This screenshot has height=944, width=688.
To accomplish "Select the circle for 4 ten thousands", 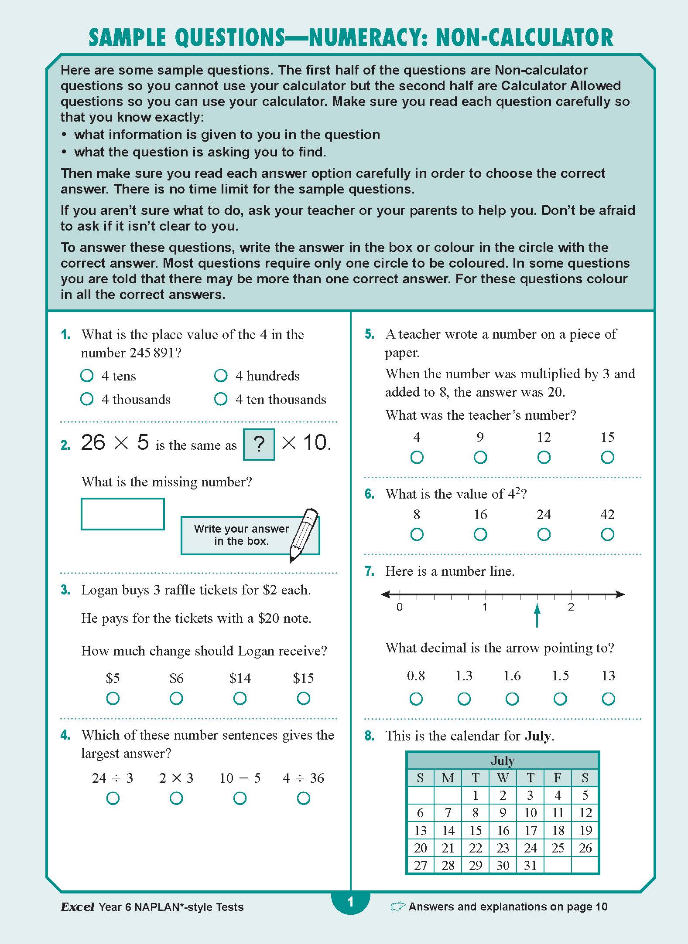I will pyautogui.click(x=221, y=399).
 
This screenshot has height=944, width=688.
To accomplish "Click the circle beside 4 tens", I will pyautogui.click(x=87, y=375).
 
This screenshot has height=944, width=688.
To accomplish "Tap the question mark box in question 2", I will pyautogui.click(x=259, y=444).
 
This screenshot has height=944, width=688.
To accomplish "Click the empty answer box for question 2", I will pyautogui.click(x=123, y=514).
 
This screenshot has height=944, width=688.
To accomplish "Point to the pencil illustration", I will pyautogui.click(x=304, y=534).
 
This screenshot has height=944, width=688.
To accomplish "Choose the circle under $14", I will pyautogui.click(x=240, y=698).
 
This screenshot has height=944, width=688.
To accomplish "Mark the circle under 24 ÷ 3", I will pyautogui.click(x=113, y=798).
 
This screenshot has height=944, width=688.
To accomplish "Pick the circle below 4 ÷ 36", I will pyautogui.click(x=303, y=798).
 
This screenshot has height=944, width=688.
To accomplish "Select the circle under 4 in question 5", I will pyautogui.click(x=417, y=457).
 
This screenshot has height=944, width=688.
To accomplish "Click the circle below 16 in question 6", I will pyautogui.click(x=480, y=534).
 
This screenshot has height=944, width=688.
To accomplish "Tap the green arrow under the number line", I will pyautogui.click(x=537, y=615).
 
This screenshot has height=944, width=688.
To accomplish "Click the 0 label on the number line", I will pyautogui.click(x=399, y=607).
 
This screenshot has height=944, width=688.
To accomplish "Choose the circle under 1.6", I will pyautogui.click(x=512, y=699).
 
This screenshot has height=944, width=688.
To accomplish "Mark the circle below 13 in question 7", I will pyautogui.click(x=608, y=699).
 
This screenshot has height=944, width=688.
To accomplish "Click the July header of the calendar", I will pyautogui.click(x=503, y=761).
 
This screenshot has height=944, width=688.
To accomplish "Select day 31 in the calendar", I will pyautogui.click(x=530, y=865).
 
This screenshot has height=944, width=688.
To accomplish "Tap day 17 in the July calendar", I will pyautogui.click(x=530, y=830).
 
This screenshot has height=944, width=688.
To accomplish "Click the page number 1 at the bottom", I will pyautogui.click(x=350, y=902).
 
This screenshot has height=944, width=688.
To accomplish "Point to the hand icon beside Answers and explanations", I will pyautogui.click(x=398, y=907).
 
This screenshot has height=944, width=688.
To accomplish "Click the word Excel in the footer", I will pyautogui.click(x=77, y=907).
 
